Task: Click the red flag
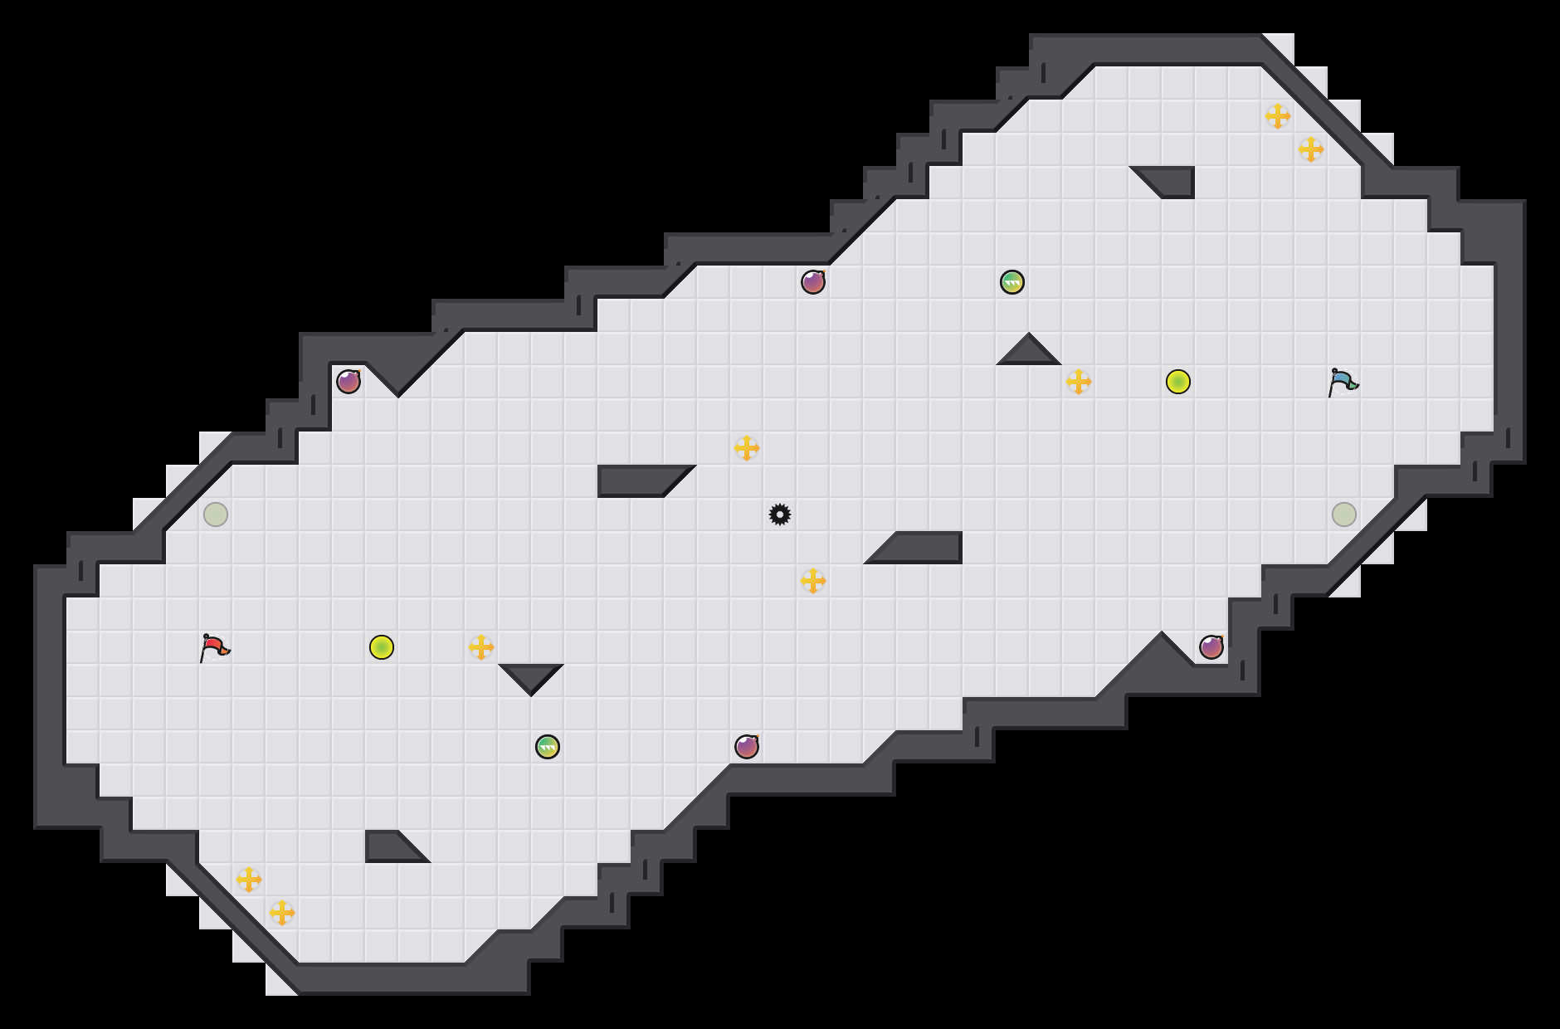214,647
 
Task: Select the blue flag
1343,382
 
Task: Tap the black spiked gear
780,514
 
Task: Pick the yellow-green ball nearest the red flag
382,647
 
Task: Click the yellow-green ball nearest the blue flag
1178,382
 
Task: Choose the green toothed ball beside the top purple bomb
1012,282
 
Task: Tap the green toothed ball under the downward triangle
548,747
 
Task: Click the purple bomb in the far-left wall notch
349,382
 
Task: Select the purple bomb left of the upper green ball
813,282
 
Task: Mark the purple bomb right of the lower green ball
747,747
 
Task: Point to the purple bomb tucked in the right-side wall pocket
1211,647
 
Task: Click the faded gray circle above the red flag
216,514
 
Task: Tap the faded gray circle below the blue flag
1344,514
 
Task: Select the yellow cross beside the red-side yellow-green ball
481,647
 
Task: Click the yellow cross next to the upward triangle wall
1079,382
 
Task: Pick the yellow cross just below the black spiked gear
813,581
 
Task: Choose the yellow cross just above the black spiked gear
747,448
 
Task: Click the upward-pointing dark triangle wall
1029,353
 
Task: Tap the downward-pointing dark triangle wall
531,675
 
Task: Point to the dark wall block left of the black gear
639,480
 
